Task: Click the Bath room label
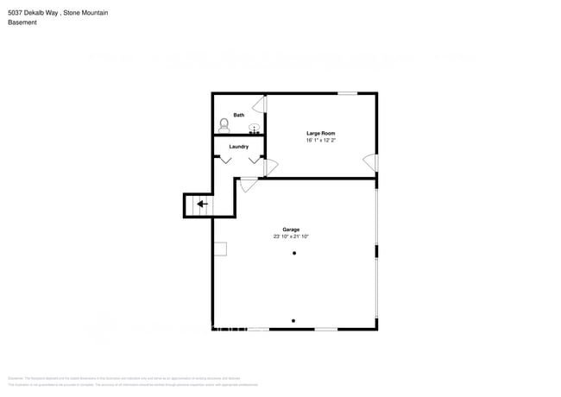tap(238, 115)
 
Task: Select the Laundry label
tap(239, 147)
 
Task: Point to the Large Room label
tap(320, 133)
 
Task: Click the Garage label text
tap(291, 230)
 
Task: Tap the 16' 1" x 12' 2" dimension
tap(320, 140)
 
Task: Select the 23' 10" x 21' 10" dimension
tap(291, 236)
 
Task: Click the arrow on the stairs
tap(202, 205)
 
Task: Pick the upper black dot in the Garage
tap(294, 253)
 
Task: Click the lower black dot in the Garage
tap(294, 321)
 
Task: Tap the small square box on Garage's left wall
tap(220, 249)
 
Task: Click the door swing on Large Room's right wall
tap(370, 162)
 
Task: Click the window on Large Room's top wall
tap(348, 93)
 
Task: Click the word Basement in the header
tap(22, 22)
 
